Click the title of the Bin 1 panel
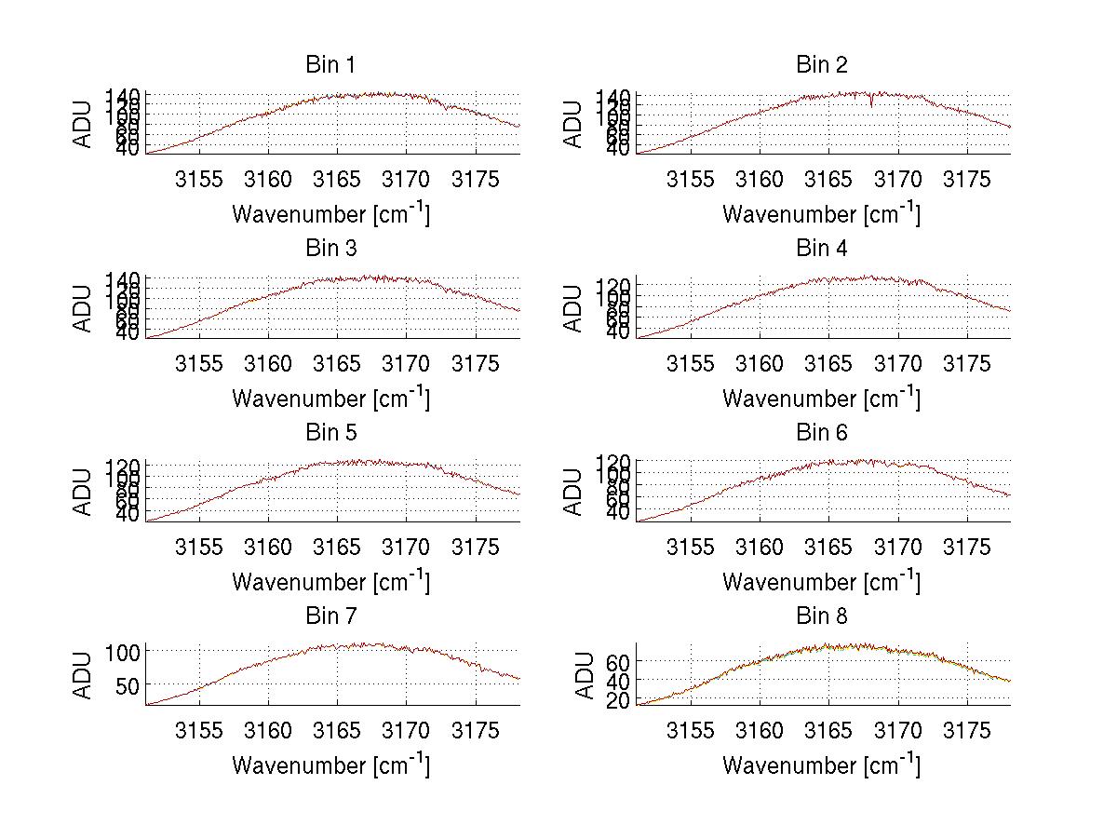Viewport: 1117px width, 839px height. tap(330, 65)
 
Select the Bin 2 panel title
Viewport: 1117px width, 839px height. tap(821, 65)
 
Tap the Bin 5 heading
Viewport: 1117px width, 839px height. tap(330, 433)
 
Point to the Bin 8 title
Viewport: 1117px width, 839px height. tap(821, 616)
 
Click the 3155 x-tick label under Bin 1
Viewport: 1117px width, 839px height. tap(199, 179)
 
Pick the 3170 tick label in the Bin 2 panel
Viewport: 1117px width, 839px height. tap(898, 179)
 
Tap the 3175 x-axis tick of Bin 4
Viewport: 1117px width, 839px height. tap(967, 362)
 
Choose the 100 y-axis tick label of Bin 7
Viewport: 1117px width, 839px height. tap(124, 652)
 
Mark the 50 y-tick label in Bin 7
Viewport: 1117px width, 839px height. tap(129, 684)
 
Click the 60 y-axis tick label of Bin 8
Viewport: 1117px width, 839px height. tap(620, 661)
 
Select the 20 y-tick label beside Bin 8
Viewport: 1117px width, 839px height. tap(620, 701)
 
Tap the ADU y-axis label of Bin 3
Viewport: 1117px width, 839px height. tap(84, 307)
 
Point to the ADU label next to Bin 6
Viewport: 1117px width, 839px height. tap(574, 491)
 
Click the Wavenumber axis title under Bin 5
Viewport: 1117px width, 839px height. tap(330, 582)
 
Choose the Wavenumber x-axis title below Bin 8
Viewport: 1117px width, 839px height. tap(821, 765)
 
